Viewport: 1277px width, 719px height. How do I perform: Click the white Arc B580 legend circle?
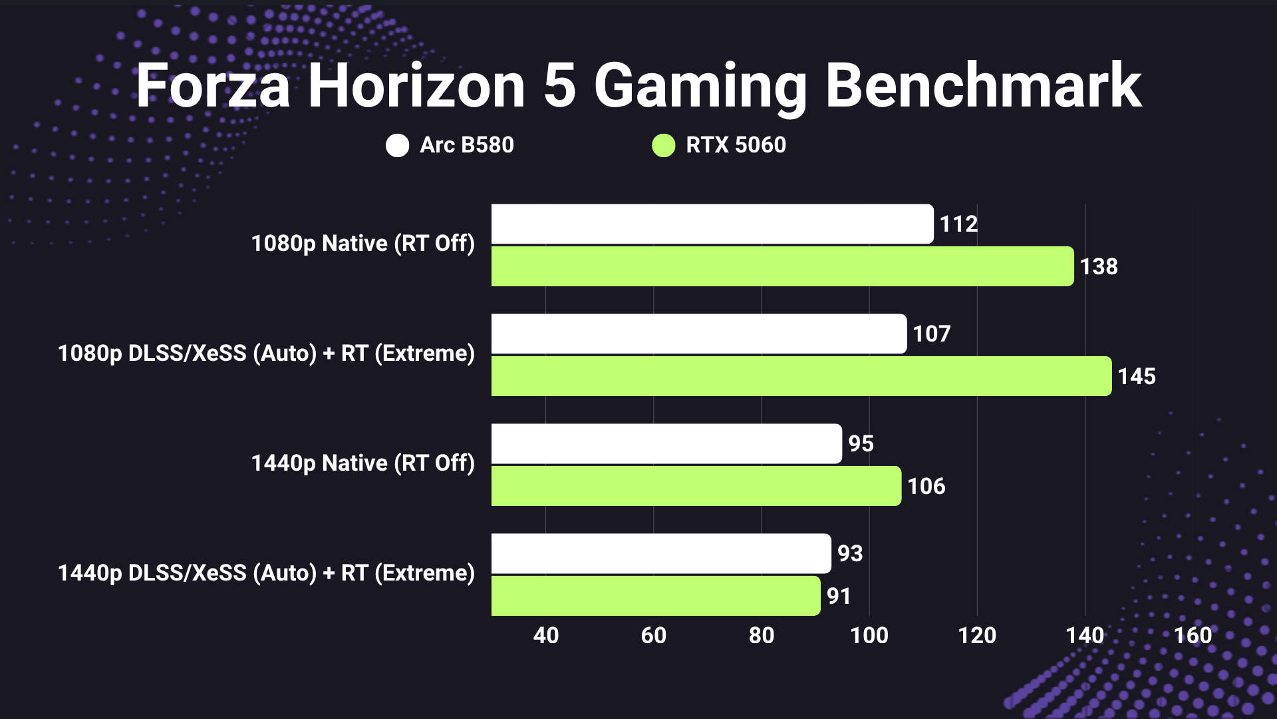point(397,145)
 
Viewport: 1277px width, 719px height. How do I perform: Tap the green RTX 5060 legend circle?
point(663,145)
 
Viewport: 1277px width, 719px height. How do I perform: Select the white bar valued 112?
point(712,224)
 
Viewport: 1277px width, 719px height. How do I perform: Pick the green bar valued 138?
point(782,266)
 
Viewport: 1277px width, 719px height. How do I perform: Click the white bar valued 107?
point(698,334)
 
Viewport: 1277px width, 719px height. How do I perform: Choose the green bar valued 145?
point(801,376)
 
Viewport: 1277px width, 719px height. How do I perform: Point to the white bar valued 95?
point(666,443)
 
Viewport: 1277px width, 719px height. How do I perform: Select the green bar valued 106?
point(696,486)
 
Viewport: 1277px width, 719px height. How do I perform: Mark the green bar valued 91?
point(655,596)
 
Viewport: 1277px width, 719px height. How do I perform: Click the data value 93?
point(849,553)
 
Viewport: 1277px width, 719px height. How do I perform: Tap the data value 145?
point(1136,376)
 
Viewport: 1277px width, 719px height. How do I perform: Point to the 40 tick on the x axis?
point(545,635)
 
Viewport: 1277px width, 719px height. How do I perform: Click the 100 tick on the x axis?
point(869,635)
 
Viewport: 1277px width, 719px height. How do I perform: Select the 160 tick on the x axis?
point(1193,635)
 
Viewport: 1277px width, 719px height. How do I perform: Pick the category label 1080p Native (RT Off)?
point(362,244)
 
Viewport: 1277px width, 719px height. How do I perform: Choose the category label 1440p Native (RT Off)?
point(362,463)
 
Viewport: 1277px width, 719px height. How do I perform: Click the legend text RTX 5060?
point(736,145)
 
